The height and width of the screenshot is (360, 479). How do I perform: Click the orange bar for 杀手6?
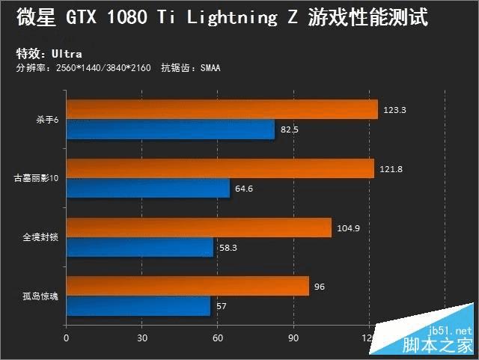(x=222, y=110)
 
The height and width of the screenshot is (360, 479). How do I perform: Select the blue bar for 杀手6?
(x=171, y=129)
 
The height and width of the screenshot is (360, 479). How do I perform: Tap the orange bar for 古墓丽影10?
(x=220, y=169)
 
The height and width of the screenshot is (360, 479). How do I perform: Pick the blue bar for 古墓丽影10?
(x=148, y=189)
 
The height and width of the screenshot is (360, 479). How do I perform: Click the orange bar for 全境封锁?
(x=198, y=228)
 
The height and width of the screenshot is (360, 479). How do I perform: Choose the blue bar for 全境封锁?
(x=140, y=247)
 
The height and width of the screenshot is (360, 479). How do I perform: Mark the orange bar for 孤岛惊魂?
(x=187, y=286)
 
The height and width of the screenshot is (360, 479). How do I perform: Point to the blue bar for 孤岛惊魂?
(x=138, y=306)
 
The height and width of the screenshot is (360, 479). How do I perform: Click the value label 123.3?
(x=394, y=110)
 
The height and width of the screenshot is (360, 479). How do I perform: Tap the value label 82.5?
(x=290, y=129)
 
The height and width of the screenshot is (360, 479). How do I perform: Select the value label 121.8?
(x=391, y=169)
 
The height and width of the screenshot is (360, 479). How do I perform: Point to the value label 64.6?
(x=245, y=189)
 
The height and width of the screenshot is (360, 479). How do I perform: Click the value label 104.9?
(x=348, y=228)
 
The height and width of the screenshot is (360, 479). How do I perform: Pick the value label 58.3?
(x=229, y=247)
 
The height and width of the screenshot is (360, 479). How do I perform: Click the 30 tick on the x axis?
(x=141, y=338)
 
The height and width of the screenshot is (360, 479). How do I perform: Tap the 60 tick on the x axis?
(x=218, y=338)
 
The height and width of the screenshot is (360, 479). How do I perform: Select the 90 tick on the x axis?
(x=293, y=338)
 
